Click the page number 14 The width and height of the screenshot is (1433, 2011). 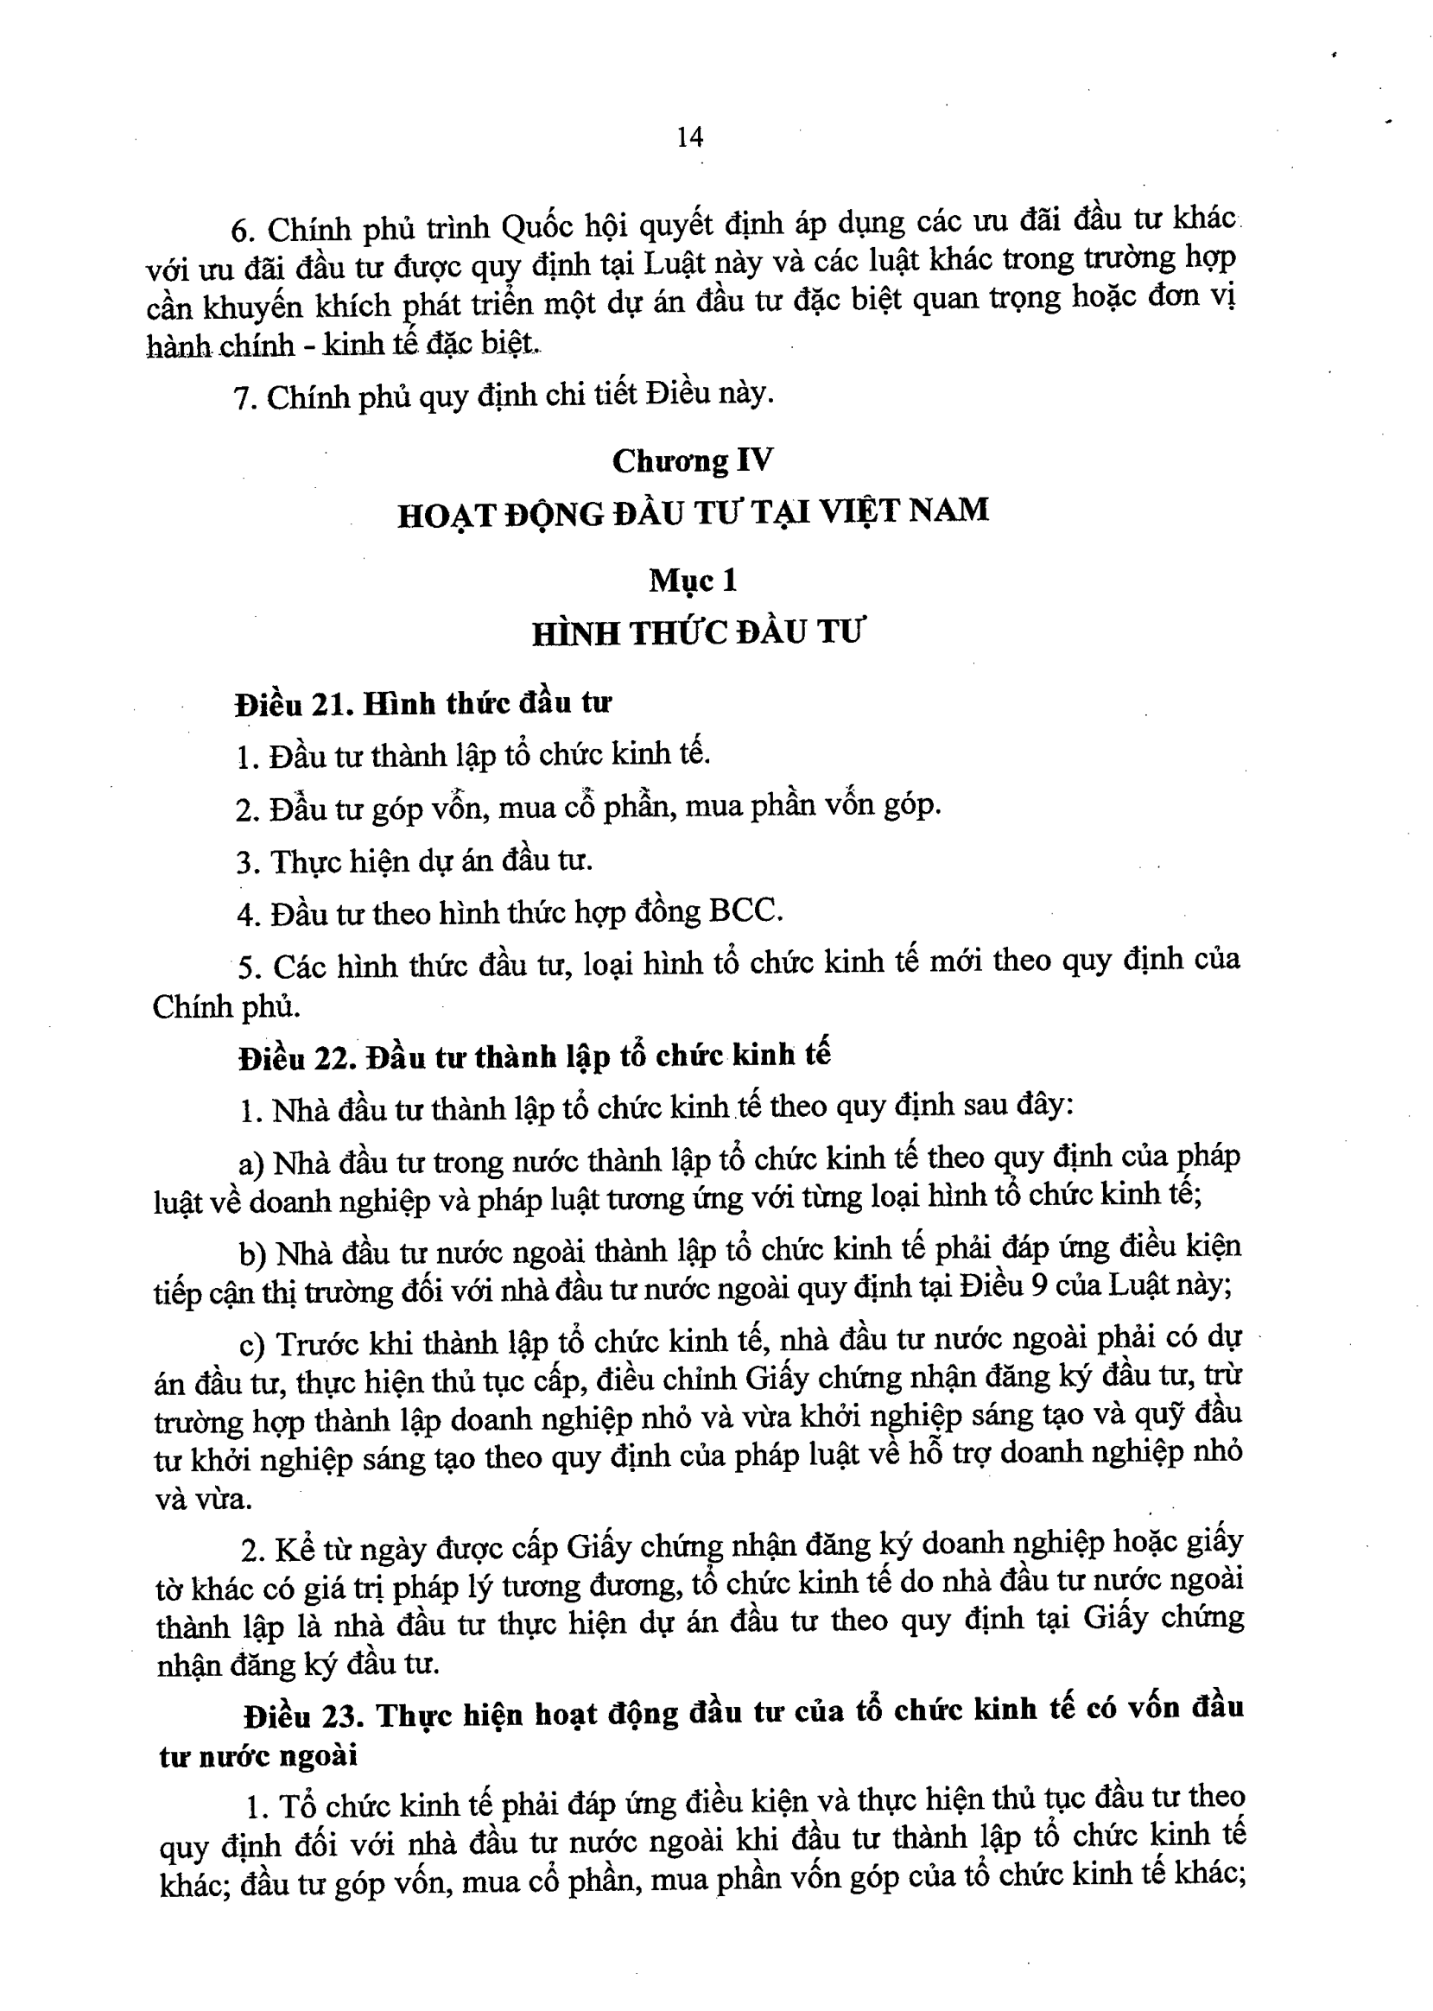[689, 136]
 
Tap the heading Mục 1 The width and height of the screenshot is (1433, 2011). [693, 580]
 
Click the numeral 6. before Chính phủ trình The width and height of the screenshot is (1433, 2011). [242, 231]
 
